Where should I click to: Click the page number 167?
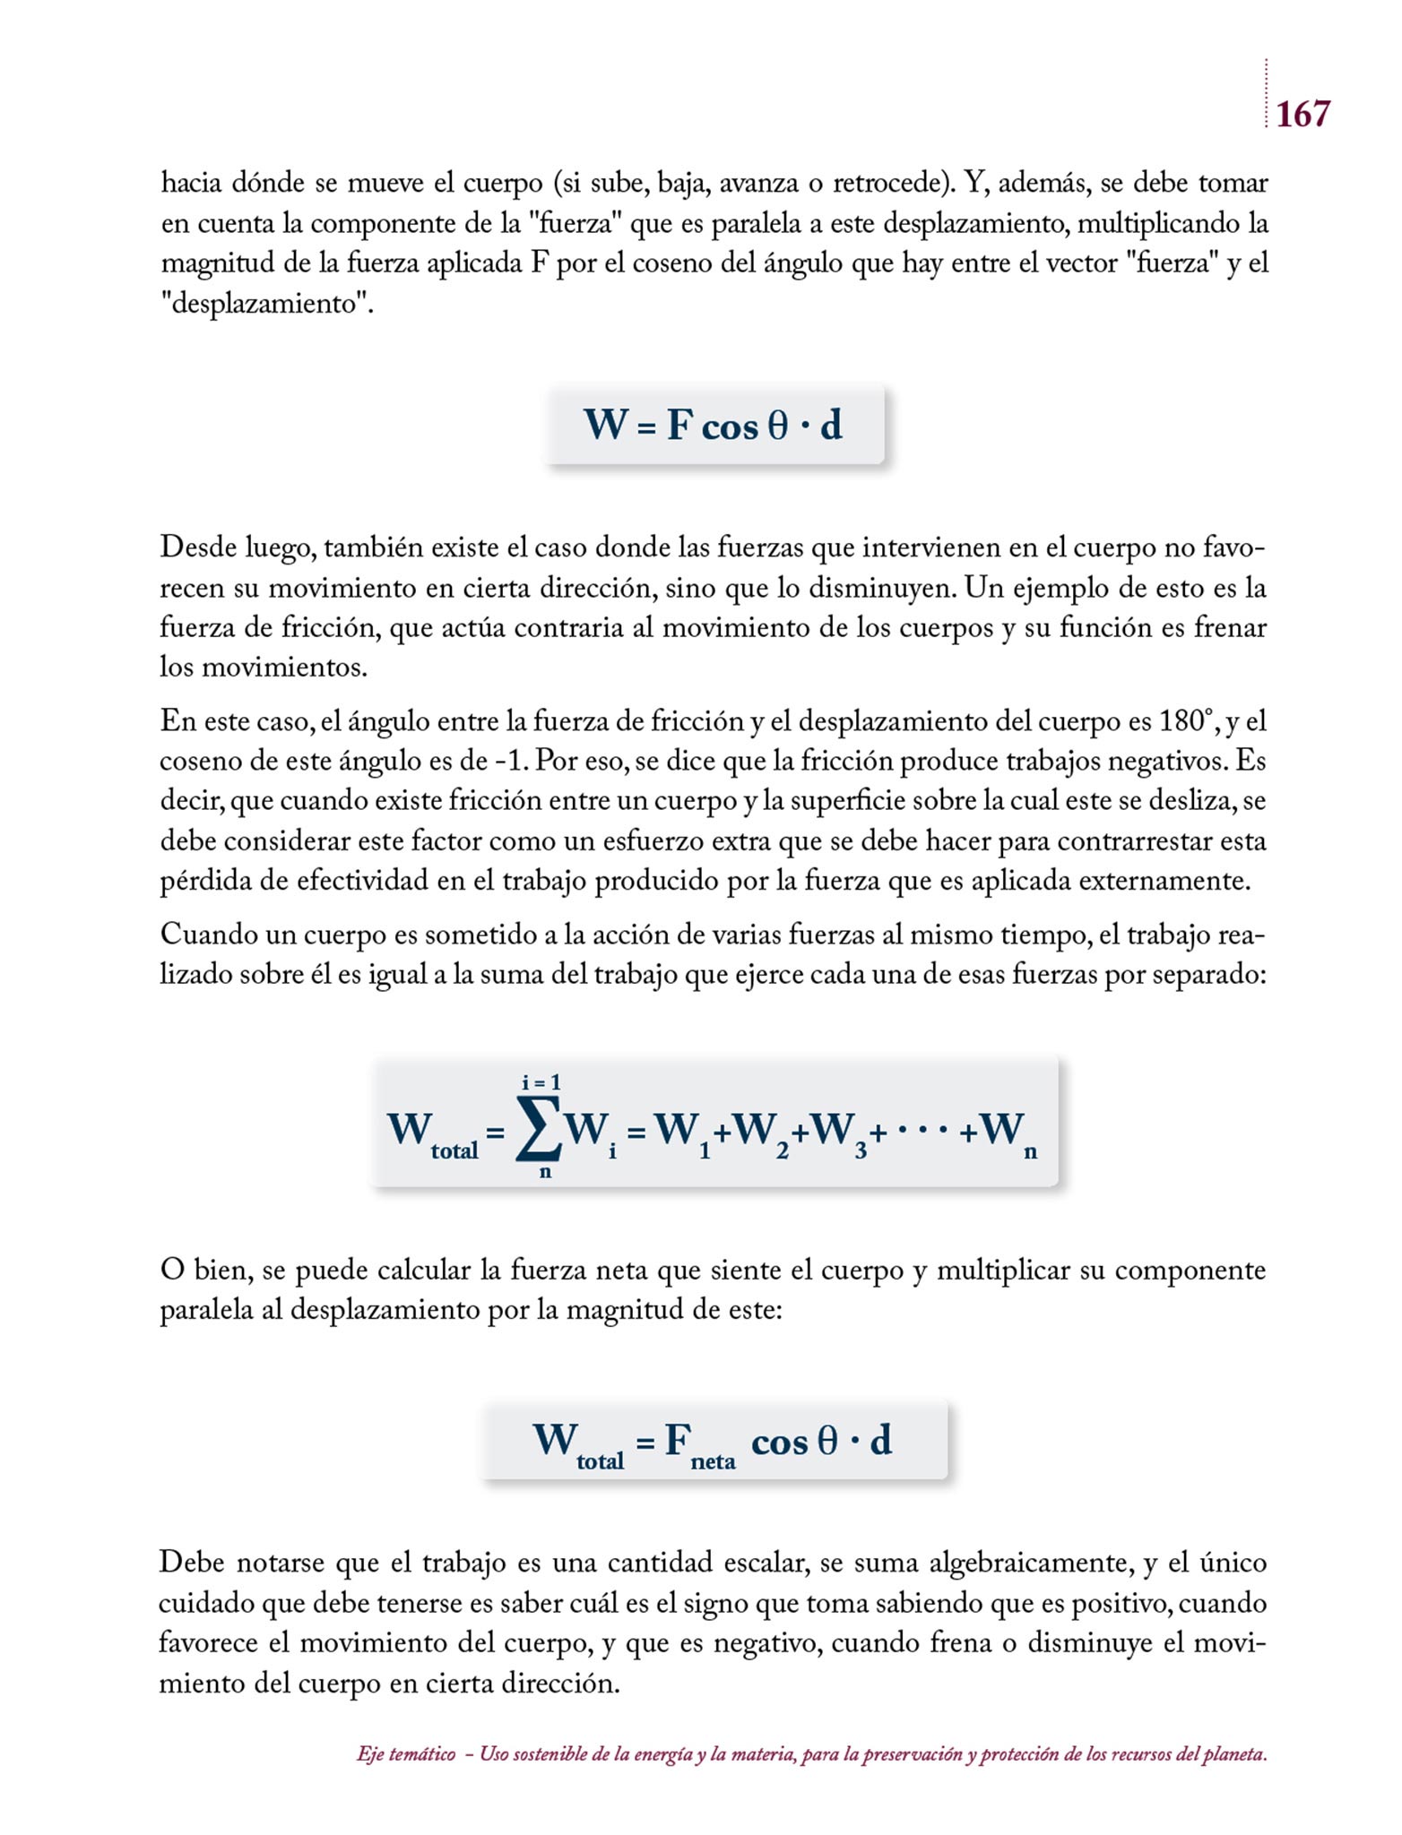tap(1302, 115)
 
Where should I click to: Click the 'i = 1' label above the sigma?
tap(541, 1082)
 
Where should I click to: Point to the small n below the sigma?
tap(544, 1171)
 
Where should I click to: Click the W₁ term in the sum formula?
tap(683, 1132)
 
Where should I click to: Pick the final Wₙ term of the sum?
tap(1008, 1132)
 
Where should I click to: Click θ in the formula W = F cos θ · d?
tap(777, 426)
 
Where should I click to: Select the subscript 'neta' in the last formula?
tap(713, 1461)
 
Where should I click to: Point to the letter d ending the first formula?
tap(831, 425)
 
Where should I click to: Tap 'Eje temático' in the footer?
tap(406, 1754)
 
